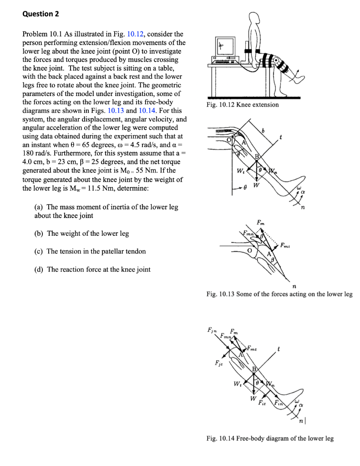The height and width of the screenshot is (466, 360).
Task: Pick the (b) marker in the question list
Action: click(39, 233)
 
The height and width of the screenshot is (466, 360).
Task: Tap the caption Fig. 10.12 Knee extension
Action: click(242, 105)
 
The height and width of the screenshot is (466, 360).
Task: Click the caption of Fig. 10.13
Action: click(279, 294)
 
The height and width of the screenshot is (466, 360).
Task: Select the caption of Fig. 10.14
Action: click(269, 438)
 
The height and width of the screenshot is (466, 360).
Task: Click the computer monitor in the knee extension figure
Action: click(223, 45)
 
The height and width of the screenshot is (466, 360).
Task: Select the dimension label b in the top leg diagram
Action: click(262, 131)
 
